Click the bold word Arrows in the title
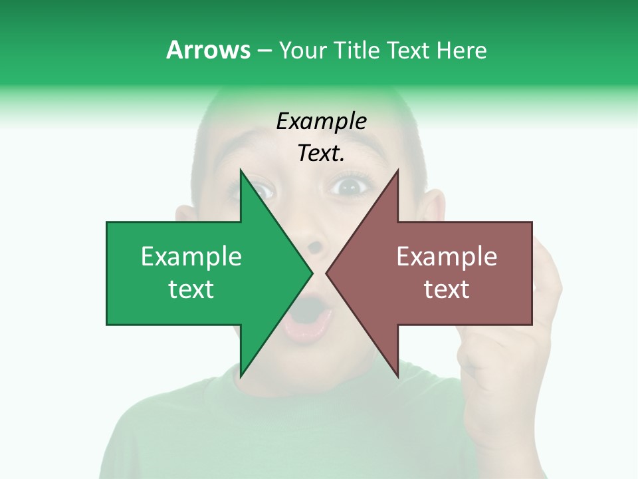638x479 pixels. (x=208, y=51)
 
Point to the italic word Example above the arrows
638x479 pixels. (x=321, y=121)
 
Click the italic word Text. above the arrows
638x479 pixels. (x=321, y=154)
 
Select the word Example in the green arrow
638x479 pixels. (x=191, y=257)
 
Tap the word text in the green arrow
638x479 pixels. (x=191, y=289)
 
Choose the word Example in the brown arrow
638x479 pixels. (x=447, y=257)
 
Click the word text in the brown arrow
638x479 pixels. (x=447, y=289)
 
